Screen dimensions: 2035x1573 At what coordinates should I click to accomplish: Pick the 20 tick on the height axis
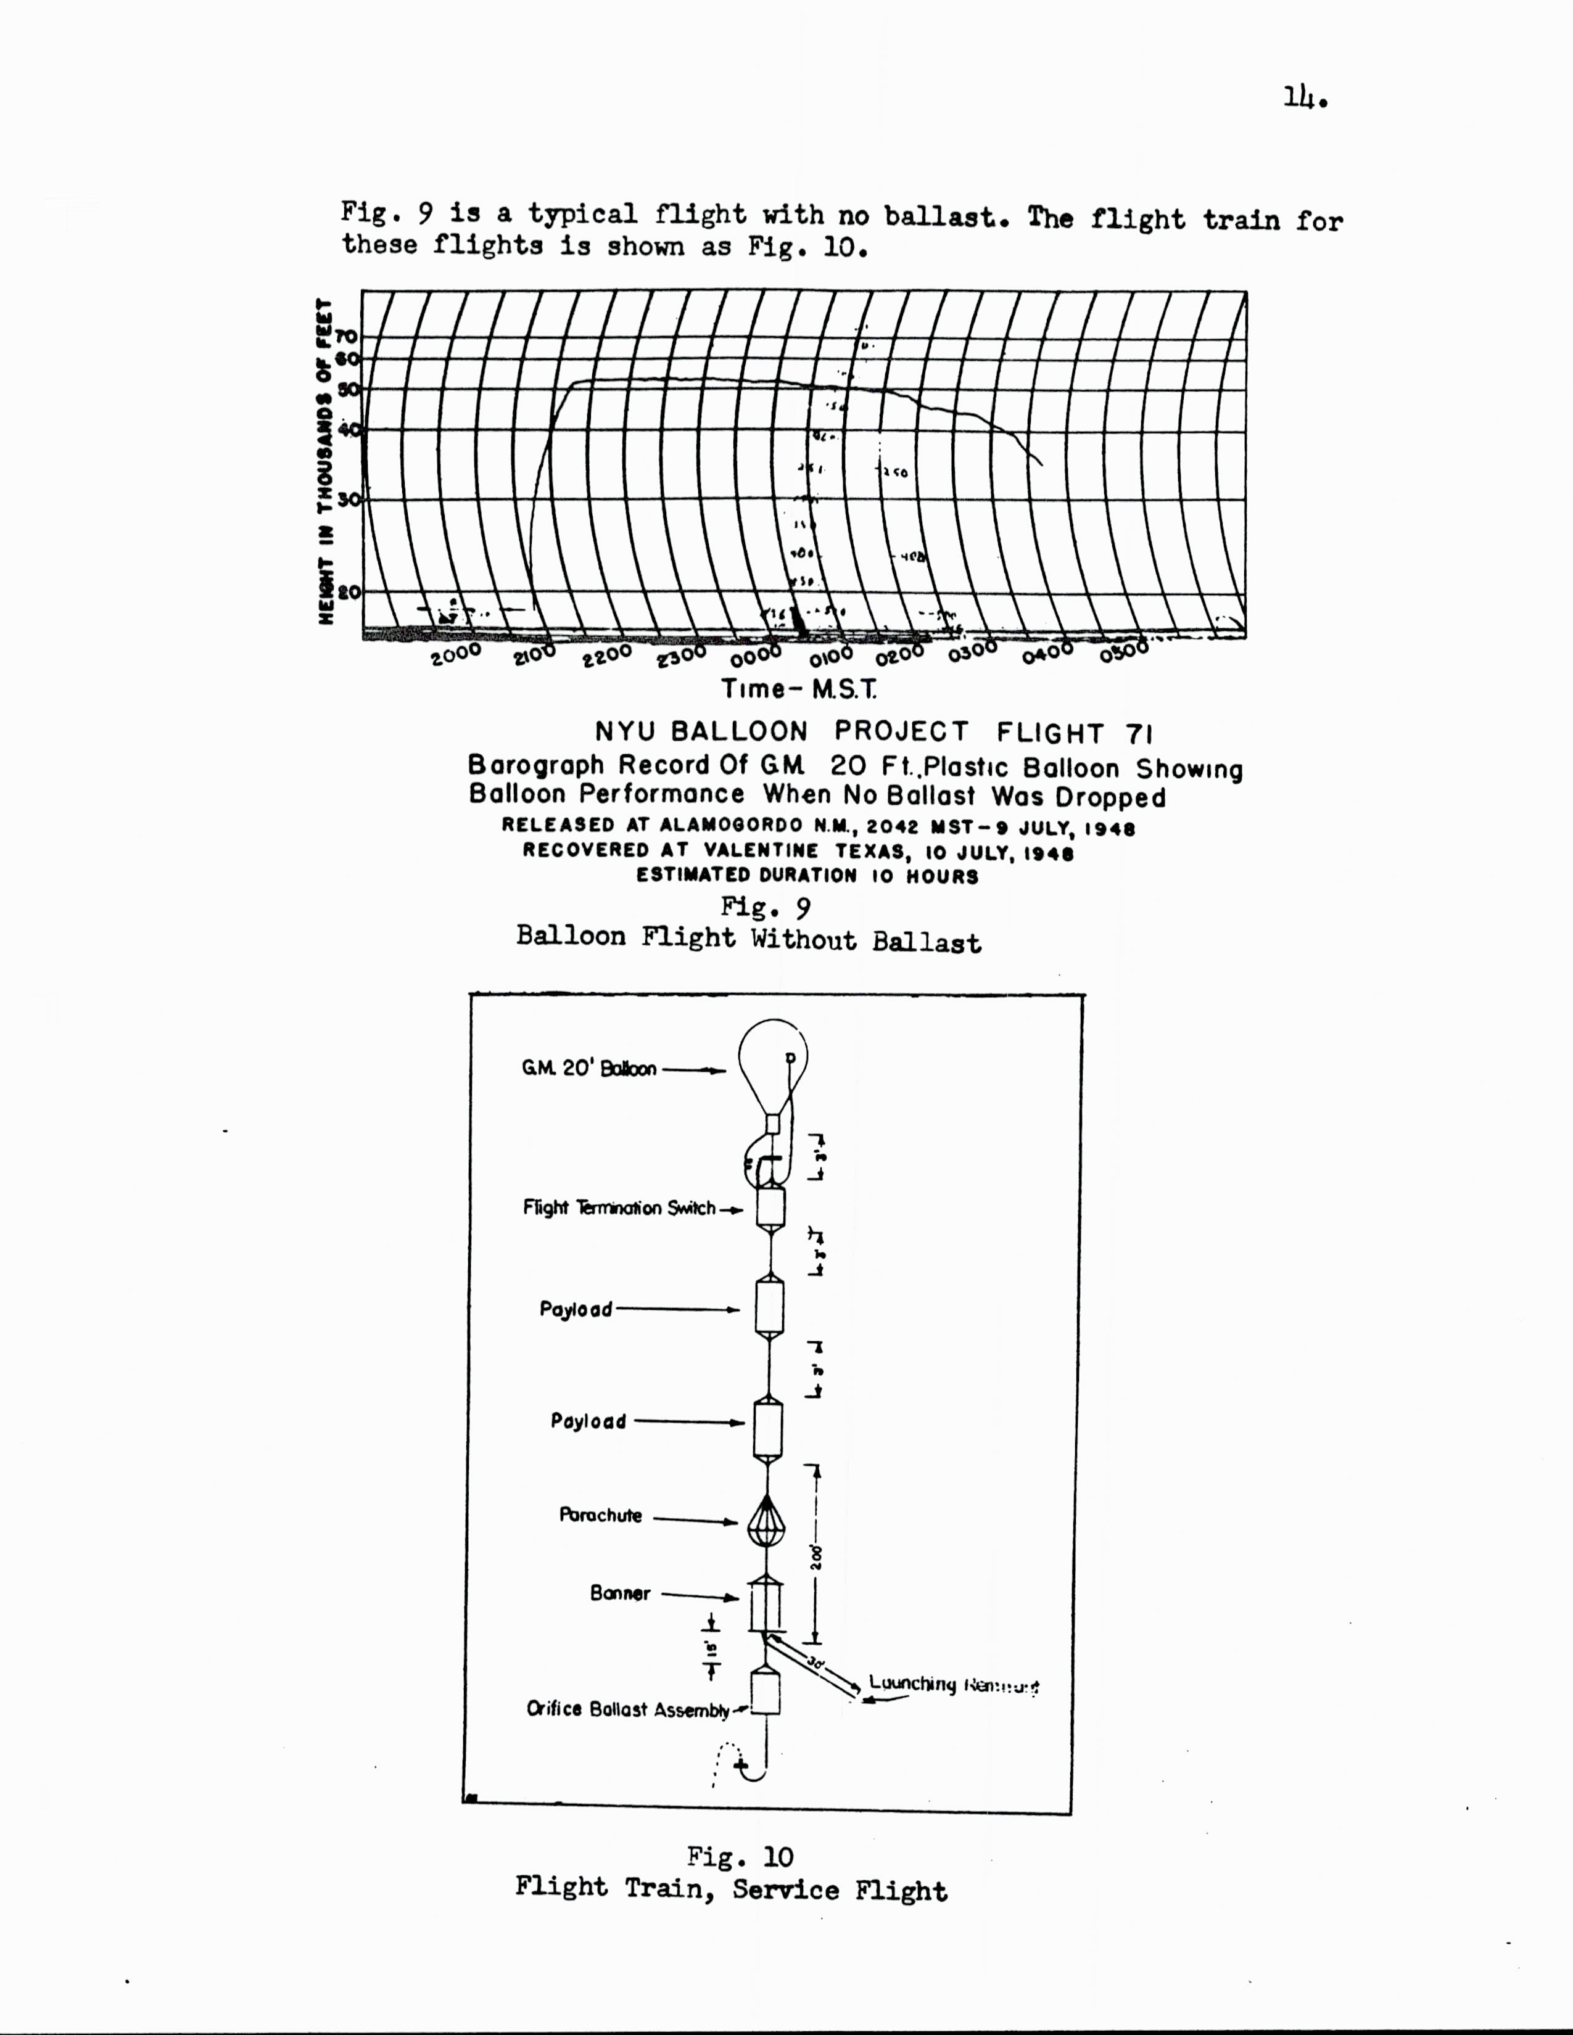349,591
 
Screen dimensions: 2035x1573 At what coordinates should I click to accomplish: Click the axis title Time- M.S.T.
799,689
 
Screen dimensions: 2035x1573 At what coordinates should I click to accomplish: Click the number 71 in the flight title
1139,733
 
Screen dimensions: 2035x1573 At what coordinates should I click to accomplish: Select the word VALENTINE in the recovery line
761,851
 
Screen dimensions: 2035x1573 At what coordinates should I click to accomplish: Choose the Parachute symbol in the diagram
766,1521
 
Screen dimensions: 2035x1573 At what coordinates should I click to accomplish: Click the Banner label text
620,1593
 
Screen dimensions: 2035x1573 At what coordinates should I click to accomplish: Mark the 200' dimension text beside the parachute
816,1558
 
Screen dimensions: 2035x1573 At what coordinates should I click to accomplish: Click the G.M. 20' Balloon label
589,1069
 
